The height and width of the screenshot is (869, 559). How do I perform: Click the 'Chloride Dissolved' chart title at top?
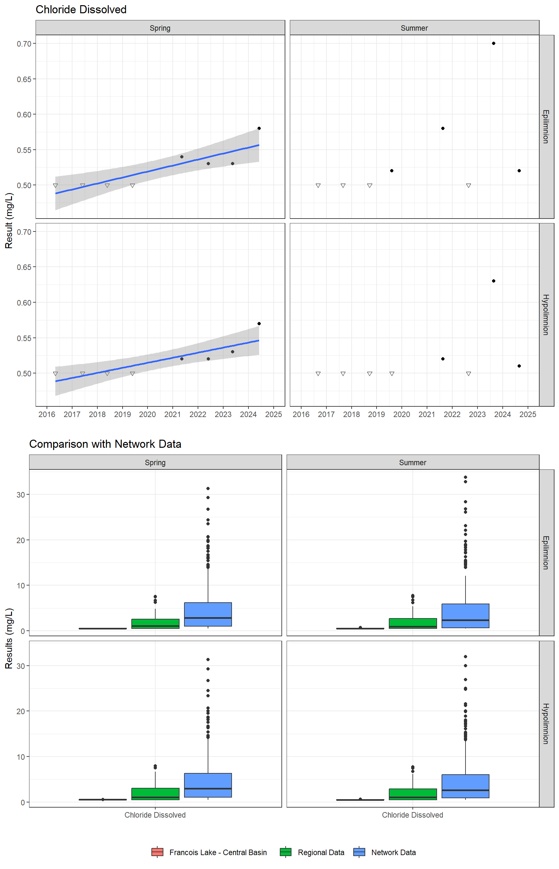tap(81, 9)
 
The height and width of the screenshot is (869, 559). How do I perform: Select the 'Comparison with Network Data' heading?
tap(105, 444)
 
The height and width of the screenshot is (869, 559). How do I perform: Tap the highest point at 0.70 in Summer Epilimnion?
tap(493, 44)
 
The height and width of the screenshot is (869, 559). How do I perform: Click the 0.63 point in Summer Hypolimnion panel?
tap(493, 281)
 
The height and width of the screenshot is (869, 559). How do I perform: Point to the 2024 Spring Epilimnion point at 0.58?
tap(259, 128)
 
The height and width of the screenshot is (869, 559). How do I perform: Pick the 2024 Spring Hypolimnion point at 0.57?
tap(259, 324)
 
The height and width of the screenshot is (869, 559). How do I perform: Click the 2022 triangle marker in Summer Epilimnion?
tap(468, 186)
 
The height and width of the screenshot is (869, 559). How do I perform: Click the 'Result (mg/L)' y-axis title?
tap(9, 220)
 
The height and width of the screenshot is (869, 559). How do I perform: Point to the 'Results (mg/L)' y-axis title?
tap(9, 638)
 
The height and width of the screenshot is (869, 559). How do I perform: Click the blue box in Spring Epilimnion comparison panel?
tap(208, 614)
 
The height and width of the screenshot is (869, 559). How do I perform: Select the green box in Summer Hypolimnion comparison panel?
tap(413, 794)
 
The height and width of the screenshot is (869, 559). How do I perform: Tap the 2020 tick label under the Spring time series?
tap(148, 414)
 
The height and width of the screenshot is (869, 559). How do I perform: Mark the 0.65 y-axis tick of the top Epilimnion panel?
tap(24, 79)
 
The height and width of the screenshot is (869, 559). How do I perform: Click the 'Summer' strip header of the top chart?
tap(414, 28)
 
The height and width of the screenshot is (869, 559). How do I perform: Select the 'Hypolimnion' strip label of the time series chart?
tap(546, 315)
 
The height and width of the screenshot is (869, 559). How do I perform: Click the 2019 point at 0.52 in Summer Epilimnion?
tap(392, 171)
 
